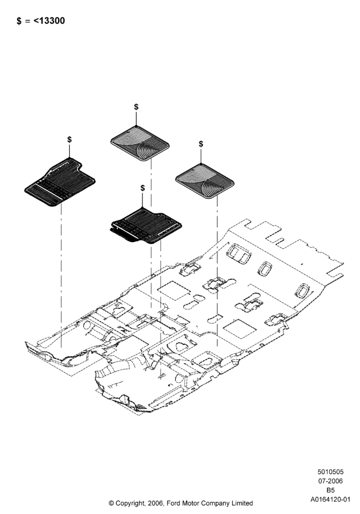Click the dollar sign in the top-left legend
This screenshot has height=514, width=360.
coord(19,21)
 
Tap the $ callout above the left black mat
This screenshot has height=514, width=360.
coord(69,139)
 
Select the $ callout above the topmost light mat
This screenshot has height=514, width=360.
coord(136,106)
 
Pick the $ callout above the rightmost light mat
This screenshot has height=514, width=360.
coord(201,143)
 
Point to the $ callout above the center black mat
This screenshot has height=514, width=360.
coord(142,188)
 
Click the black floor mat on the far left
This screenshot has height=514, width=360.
coord(60,182)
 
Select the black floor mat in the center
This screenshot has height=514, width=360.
coord(146,226)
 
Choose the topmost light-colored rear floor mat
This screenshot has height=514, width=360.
coord(140,143)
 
